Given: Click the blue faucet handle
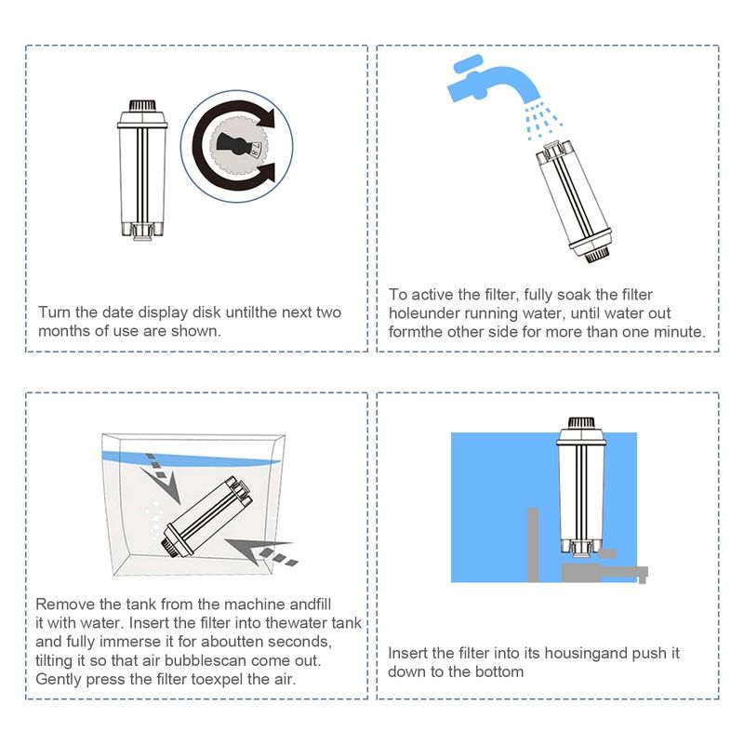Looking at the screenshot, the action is click(468, 64).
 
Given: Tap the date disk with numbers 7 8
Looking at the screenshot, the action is click(237, 146).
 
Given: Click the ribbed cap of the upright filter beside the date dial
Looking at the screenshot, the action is click(142, 105).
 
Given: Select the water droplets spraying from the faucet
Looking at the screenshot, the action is click(542, 121).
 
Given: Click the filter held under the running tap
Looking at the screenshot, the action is click(573, 201).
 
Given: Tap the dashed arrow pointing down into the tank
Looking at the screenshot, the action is click(162, 477).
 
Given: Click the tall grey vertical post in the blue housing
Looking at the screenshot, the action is click(533, 545).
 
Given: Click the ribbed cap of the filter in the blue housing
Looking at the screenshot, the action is click(581, 423).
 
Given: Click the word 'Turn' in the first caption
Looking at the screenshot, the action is click(54, 312).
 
